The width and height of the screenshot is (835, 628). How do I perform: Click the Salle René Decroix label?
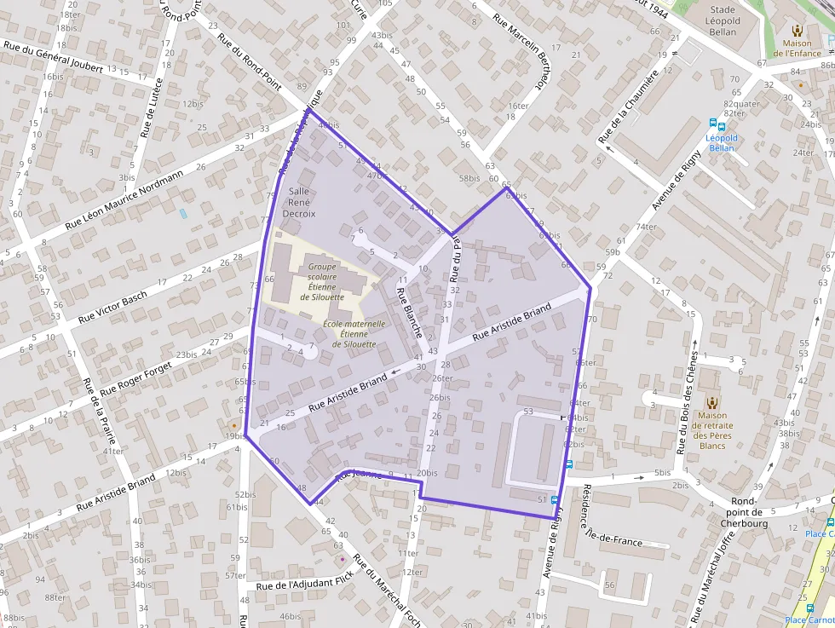pos(298,202)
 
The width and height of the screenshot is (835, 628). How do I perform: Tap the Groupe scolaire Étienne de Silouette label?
pos(321,281)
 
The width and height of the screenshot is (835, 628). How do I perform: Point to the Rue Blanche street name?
pos(409,313)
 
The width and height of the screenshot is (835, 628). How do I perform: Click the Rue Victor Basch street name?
pos(112,307)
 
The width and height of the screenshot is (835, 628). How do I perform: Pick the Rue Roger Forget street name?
pos(135,378)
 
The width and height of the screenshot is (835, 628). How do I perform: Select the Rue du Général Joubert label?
pos(54,56)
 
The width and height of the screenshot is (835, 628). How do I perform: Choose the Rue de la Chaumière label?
pos(629,107)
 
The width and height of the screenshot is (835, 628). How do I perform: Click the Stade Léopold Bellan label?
pos(723,21)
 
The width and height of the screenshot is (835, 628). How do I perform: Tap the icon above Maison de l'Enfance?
pos(797,30)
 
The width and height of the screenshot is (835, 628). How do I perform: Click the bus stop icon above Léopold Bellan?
pos(721,125)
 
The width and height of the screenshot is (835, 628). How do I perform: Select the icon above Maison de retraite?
pos(711,402)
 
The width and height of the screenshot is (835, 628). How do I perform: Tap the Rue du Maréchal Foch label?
pos(387,590)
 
